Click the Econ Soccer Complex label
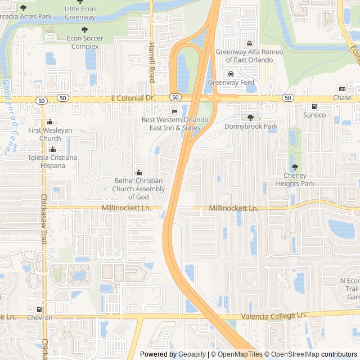(x=84, y=42)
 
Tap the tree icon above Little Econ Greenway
(x=80, y=2)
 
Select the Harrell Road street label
(x=151, y=62)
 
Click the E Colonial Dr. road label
(x=133, y=98)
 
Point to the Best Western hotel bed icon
(x=174, y=111)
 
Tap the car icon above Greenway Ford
(x=231, y=74)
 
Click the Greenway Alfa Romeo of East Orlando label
(x=249, y=56)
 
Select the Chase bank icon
(x=342, y=89)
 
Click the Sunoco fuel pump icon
(x=314, y=107)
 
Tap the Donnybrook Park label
(x=251, y=127)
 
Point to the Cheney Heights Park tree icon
(x=295, y=167)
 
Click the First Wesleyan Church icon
(x=51, y=122)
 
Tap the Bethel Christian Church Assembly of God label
(x=139, y=188)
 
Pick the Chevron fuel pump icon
(x=39, y=309)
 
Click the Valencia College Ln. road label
(x=273, y=316)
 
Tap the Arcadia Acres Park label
(x=26, y=16)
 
